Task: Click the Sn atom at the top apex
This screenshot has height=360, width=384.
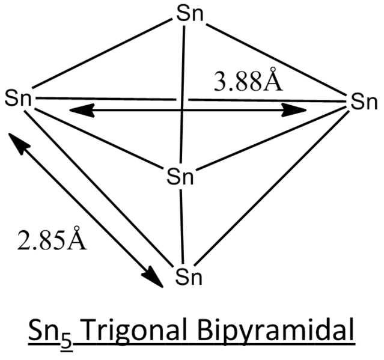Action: [x=190, y=14]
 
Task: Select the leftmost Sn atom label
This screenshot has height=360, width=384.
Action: [x=18, y=98]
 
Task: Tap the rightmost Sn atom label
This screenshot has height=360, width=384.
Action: [x=364, y=101]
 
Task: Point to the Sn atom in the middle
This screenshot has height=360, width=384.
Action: [x=180, y=176]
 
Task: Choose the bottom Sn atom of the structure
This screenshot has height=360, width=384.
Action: [x=189, y=277]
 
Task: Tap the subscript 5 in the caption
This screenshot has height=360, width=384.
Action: [x=67, y=339]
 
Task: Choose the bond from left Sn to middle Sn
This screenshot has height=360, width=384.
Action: [x=99, y=139]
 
